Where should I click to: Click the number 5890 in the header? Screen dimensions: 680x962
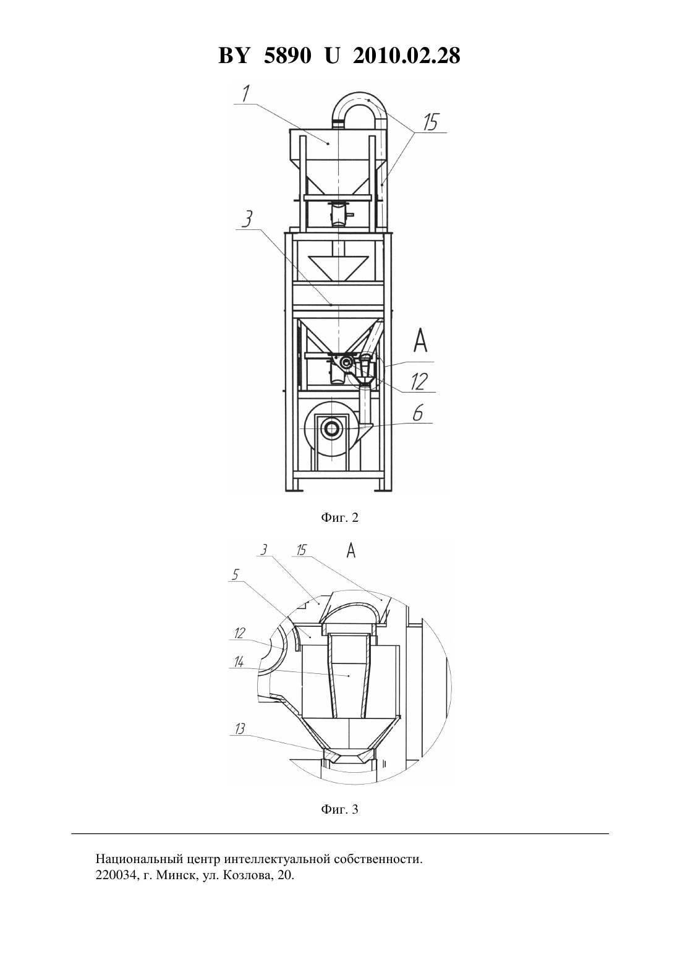pos(287,56)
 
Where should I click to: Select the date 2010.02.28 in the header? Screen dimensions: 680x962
pos(407,56)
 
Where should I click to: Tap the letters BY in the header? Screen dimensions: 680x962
pos(234,56)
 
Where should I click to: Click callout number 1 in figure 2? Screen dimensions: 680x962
pos(246,93)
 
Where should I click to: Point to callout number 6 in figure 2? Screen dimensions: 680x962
pos(418,413)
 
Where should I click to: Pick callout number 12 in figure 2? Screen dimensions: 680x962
pos(419,381)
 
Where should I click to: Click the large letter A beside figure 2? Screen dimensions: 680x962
pos(420,341)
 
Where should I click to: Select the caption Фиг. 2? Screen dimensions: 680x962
pos(339,517)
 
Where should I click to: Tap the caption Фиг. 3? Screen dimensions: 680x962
pos(339,809)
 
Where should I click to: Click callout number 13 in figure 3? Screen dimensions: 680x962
pos(240,729)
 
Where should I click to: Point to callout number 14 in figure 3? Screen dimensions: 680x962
pos(239,662)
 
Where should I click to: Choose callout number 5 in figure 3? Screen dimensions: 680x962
pos(236,574)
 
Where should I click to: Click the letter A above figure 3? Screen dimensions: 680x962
pos(351,550)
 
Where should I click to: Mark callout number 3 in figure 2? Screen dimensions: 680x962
pos(247,220)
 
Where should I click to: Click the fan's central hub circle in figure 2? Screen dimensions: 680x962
pos(332,428)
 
